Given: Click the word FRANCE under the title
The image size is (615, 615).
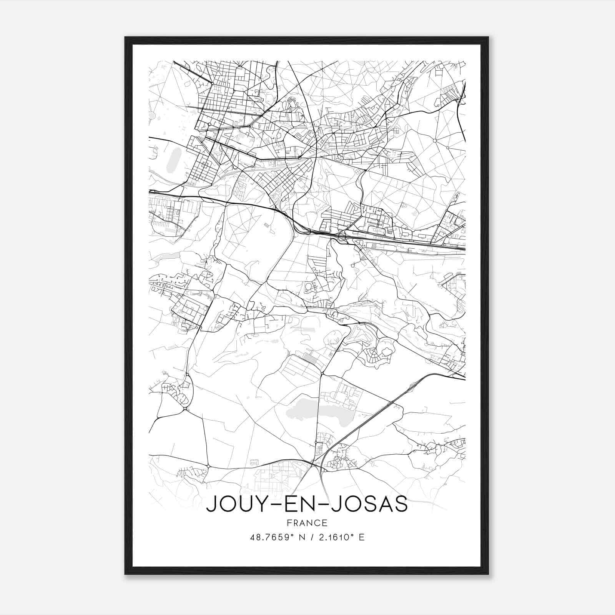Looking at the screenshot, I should (307, 523).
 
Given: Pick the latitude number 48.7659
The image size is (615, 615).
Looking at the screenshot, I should (270, 537).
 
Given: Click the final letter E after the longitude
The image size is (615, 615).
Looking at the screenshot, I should (361, 537).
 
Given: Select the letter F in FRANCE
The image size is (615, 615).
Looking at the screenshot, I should (289, 523).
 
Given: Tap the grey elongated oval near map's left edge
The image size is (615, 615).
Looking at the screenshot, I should (172, 160).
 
